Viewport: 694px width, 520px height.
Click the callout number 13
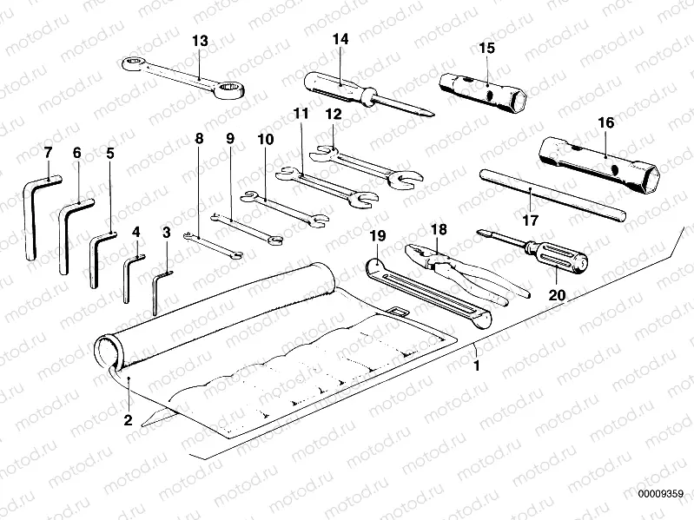pos(200,41)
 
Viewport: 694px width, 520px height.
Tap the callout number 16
pos(605,123)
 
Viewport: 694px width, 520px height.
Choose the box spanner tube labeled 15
pos(483,91)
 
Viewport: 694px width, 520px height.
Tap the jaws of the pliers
pos(421,253)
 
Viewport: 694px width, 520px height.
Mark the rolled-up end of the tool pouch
pos(109,352)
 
